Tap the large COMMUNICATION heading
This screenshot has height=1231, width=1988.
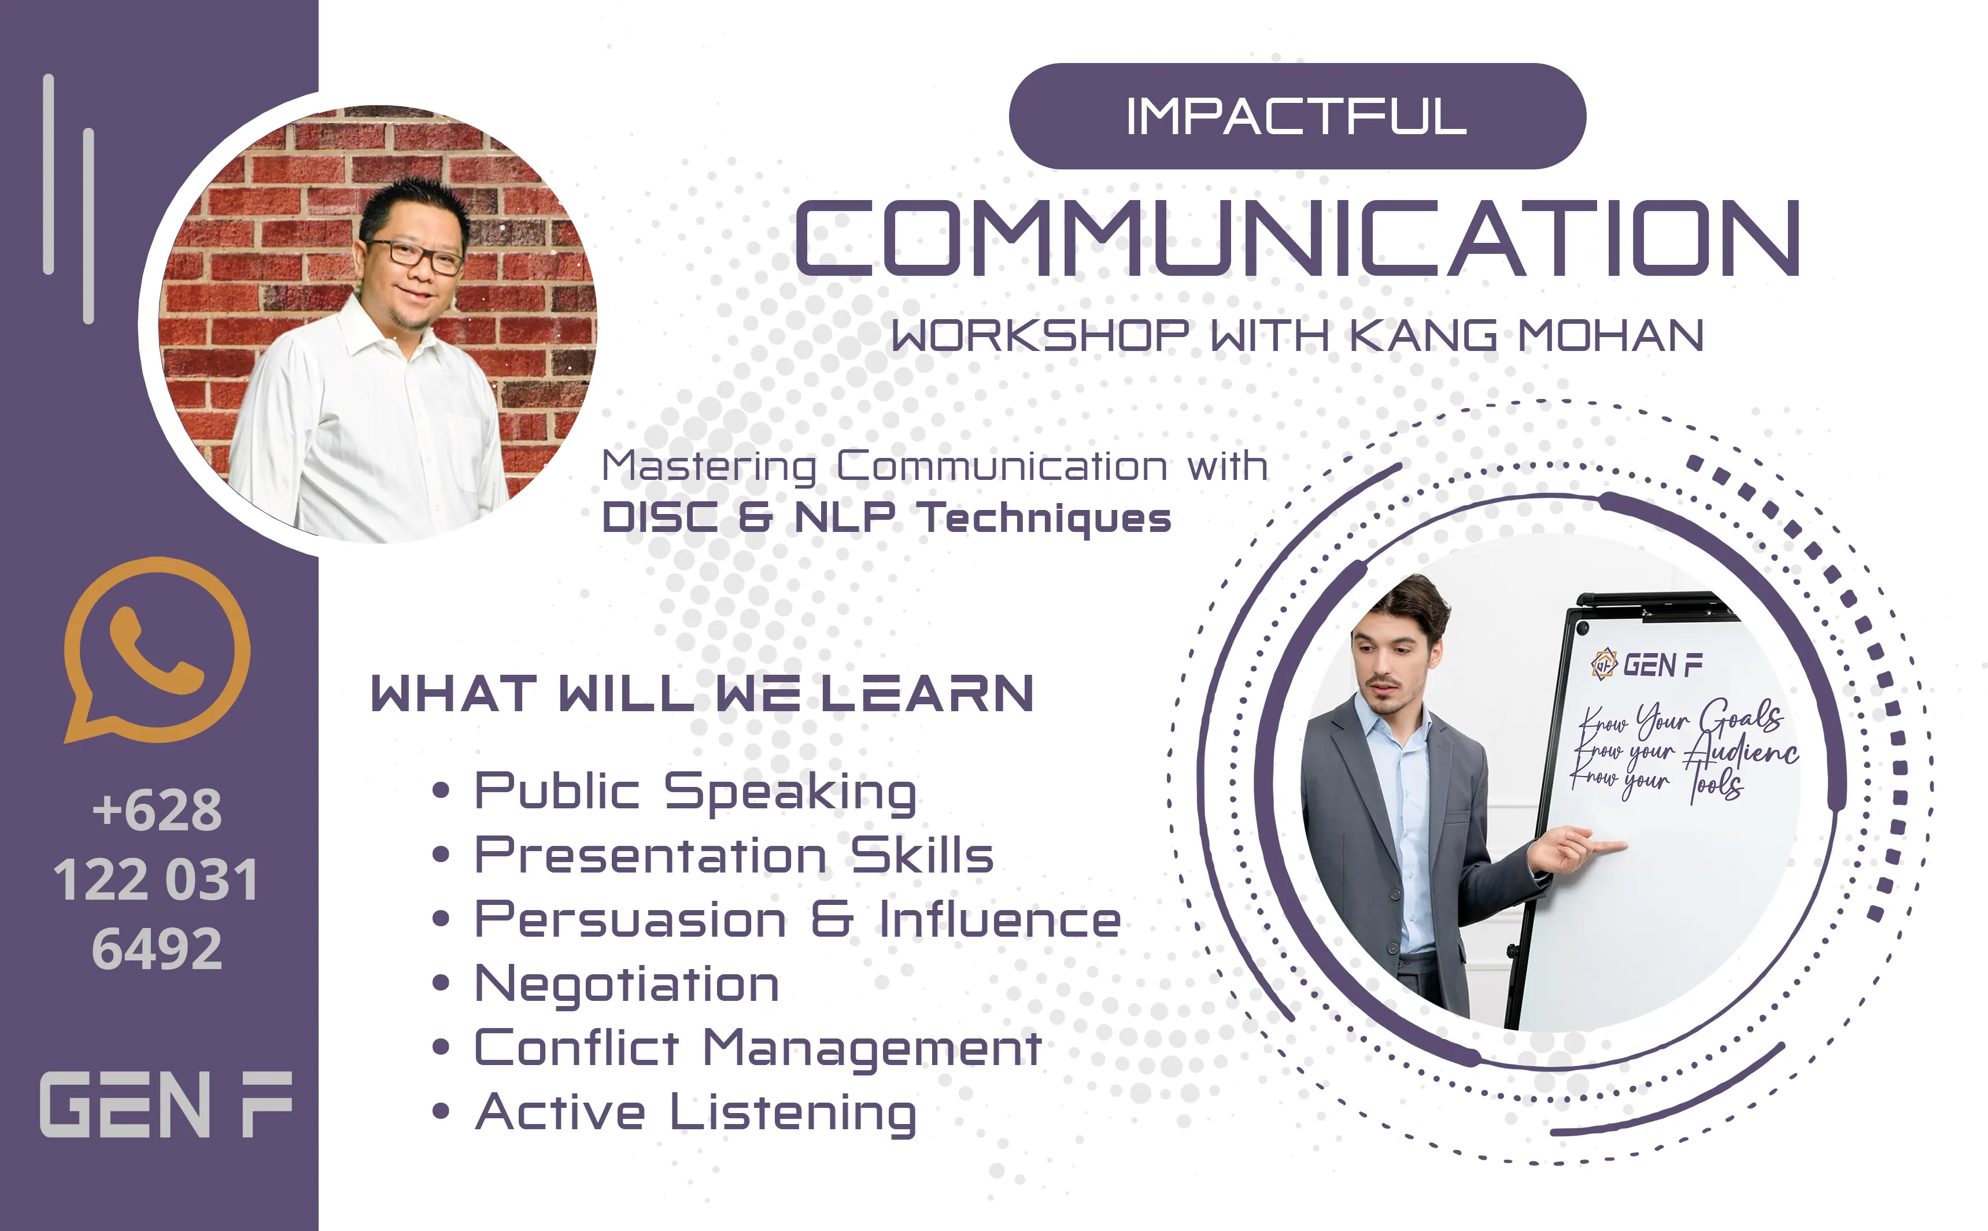[1297, 237]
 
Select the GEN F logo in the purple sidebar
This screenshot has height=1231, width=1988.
[166, 1104]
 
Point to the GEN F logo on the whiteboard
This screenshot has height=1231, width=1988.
[1646, 664]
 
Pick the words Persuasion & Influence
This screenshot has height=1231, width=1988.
[798, 919]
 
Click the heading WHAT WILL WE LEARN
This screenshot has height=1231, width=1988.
[702, 694]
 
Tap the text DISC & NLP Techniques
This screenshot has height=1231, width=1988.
[886, 519]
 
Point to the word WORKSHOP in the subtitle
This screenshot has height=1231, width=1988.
[1040, 335]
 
